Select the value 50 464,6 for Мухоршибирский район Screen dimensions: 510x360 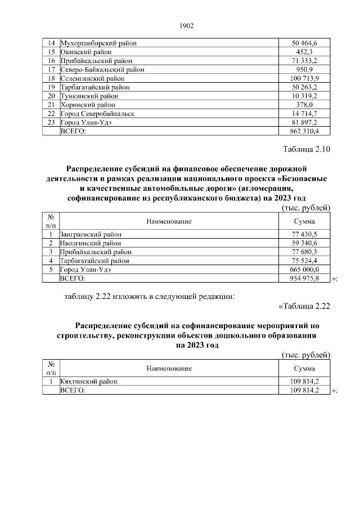coord(304,43)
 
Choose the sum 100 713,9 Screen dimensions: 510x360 coord(304,78)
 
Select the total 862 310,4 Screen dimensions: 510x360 coord(304,131)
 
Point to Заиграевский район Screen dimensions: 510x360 coord(91,234)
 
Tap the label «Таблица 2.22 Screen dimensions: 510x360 coord(304,306)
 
